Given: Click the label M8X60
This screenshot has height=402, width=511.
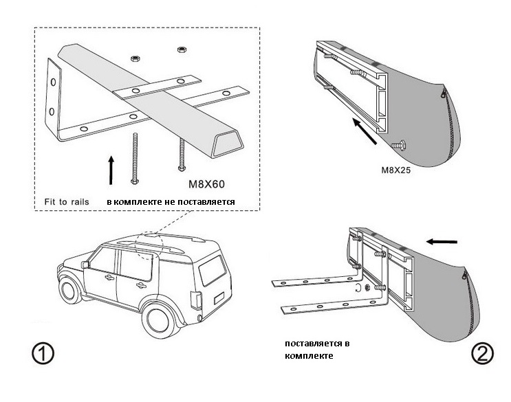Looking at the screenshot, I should (208, 184).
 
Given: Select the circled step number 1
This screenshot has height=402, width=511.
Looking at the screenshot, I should (43, 354).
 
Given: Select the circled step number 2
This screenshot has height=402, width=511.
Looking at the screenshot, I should (482, 353).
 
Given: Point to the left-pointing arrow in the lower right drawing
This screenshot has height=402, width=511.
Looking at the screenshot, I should (441, 242).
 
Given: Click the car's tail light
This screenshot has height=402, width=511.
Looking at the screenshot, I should (193, 300).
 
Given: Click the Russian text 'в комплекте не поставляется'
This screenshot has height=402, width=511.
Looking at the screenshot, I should (171, 202).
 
